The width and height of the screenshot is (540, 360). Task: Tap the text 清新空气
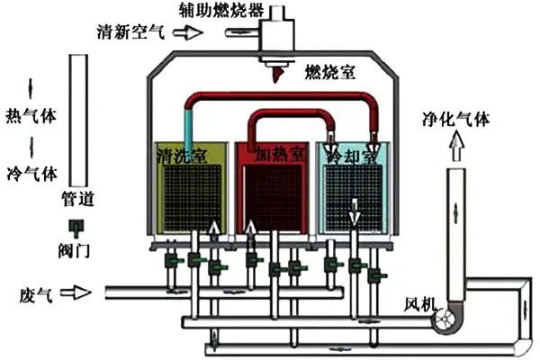[131, 32]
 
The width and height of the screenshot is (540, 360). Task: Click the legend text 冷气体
[31, 171]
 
